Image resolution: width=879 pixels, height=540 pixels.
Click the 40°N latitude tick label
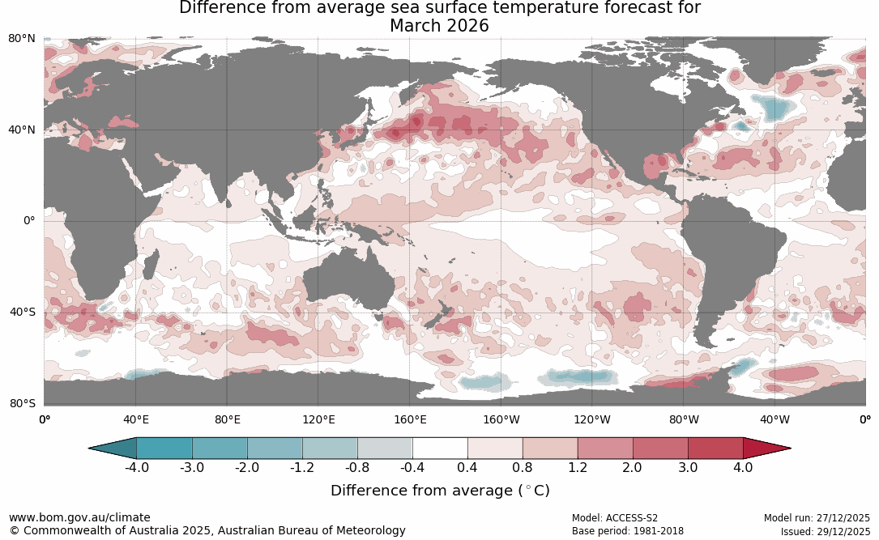coord(22,130)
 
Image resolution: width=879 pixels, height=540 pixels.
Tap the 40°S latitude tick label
coord(22,312)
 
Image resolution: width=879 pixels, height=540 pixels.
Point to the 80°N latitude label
coord(22,39)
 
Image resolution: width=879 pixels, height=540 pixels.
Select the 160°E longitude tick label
coord(410,419)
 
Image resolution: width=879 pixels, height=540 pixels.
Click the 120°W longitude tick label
coord(592,419)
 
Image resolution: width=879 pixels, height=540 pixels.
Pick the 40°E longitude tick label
coord(136,419)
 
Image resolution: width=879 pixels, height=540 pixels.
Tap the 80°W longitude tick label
coord(684,419)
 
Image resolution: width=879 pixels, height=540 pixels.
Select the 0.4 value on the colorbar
coord(467,468)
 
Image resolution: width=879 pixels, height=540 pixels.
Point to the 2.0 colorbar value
coord(632,468)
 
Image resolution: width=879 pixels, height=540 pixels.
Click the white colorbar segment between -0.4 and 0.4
coord(440,448)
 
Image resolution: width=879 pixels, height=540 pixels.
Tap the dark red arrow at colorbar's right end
coord(765,448)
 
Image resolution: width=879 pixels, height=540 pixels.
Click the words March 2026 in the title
coord(439,26)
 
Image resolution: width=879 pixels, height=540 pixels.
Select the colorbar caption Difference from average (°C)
coord(440,491)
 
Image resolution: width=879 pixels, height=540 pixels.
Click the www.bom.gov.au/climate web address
coord(79,517)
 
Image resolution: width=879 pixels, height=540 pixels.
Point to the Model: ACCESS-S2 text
coord(615,518)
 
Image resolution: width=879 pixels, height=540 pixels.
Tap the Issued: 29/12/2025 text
coord(825,532)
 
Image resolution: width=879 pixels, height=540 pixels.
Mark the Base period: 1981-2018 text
coord(628,532)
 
